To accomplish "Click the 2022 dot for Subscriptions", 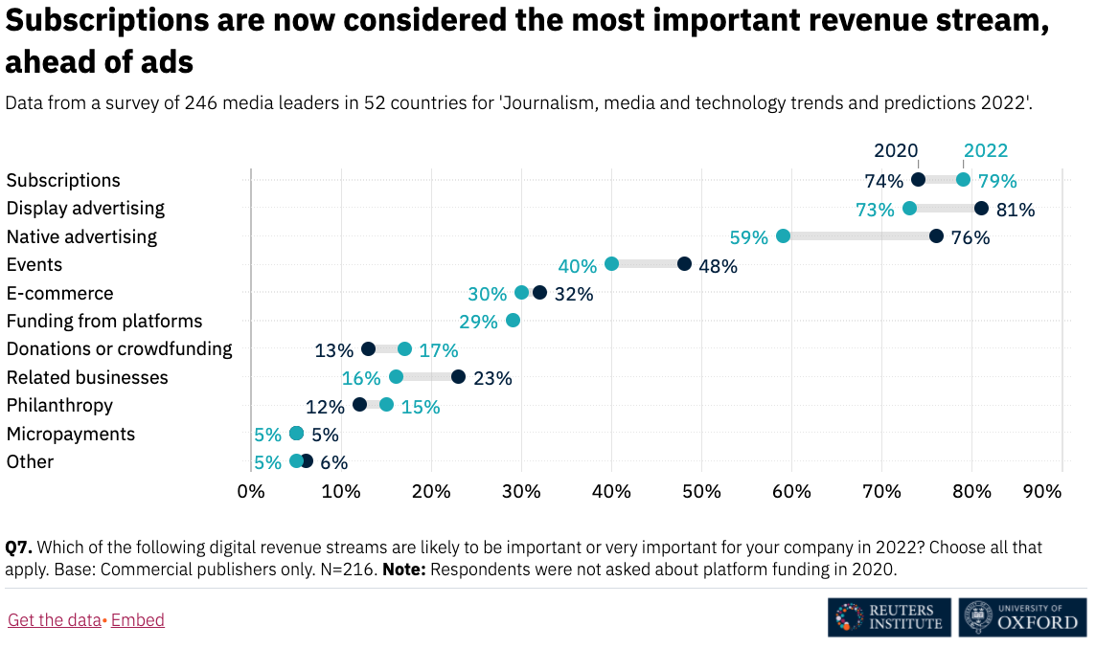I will tap(963, 180).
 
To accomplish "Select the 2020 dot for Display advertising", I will tap(981, 209).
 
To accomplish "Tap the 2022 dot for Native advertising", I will tap(783, 236).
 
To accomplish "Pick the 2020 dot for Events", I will tap(684, 264).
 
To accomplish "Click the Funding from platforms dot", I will tap(513, 321).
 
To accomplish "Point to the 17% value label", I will tap(439, 350).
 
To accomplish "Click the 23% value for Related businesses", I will tap(492, 378).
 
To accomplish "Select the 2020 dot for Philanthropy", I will tap(359, 405).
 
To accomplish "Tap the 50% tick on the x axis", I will tap(701, 491).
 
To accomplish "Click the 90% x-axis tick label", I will tap(1042, 491).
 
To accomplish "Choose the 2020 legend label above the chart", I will tap(896, 150).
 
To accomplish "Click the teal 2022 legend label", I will tap(986, 150).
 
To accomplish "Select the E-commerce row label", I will tap(59, 293).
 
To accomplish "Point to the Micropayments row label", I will tap(71, 434).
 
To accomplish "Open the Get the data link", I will tap(54, 620).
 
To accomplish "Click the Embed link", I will tap(138, 620).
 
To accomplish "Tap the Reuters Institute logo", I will tap(889, 617).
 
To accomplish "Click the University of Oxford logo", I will tap(1022, 617).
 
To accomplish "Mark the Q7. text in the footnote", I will tap(19, 547).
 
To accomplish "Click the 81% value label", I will tap(1016, 210).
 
